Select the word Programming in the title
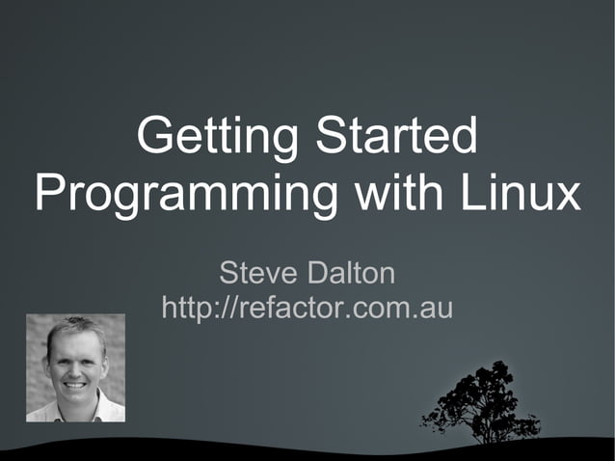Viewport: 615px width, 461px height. click(184, 196)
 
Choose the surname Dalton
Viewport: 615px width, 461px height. click(351, 274)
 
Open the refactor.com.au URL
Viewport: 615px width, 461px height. click(307, 308)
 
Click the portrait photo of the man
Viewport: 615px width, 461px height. click(75, 367)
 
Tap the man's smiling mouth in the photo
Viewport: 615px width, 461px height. click(74, 381)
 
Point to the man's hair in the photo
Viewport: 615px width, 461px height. click(75, 328)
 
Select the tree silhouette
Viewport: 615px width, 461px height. click(477, 401)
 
